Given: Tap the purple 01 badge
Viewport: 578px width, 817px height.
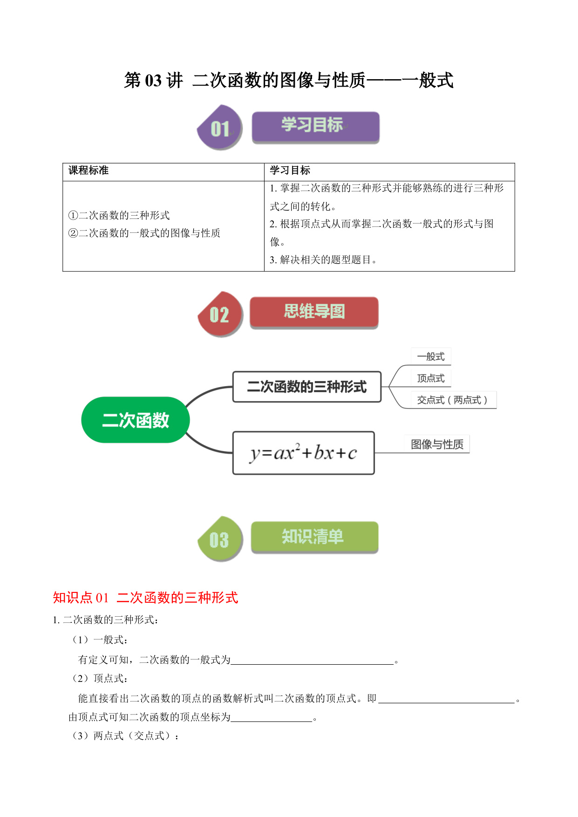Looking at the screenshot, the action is (x=220, y=127).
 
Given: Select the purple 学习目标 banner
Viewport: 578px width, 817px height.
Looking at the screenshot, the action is (x=315, y=127).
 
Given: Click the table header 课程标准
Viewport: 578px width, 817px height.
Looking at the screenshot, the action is (x=88, y=170).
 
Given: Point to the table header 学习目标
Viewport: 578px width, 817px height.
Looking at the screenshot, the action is (x=290, y=170).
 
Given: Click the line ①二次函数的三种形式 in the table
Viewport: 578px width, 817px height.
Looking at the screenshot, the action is (x=119, y=215).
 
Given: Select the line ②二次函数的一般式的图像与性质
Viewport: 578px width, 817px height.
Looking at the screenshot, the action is (x=144, y=233).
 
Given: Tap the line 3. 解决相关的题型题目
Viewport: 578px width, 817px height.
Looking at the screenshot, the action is (x=323, y=260).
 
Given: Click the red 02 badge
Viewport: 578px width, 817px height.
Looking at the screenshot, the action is (x=220, y=314).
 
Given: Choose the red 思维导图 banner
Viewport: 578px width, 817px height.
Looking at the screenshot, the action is (x=314, y=312).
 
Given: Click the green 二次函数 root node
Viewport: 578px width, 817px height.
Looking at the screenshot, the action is (x=136, y=420).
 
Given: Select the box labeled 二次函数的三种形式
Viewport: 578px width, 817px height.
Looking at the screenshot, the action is (x=307, y=387).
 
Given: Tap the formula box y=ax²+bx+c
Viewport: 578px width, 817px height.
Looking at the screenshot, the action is (x=304, y=453).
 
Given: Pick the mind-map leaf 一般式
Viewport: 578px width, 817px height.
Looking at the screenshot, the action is (x=431, y=356).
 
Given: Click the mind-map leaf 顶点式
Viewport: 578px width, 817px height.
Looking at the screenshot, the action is (x=431, y=378).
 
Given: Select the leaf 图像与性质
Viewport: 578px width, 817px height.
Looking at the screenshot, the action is (x=437, y=444).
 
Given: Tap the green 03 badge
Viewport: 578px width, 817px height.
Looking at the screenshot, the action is (x=220, y=539).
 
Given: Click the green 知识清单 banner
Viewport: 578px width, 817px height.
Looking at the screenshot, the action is (x=314, y=537).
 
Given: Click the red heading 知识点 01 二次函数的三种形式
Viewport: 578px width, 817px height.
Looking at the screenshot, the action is (x=145, y=597).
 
